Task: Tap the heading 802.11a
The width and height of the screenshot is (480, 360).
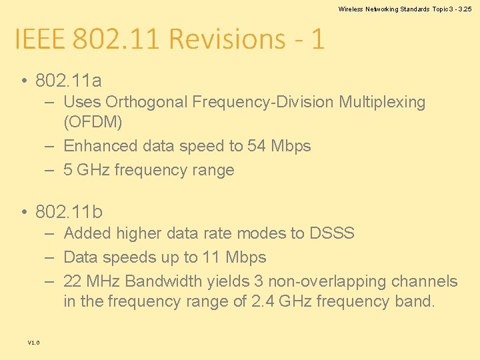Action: point(69,81)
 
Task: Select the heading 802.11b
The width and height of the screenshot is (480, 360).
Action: point(69,212)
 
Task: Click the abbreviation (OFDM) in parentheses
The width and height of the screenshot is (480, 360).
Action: point(93,123)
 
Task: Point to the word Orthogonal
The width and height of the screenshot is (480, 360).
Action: point(147,102)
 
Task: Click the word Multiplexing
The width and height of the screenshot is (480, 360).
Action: point(382,102)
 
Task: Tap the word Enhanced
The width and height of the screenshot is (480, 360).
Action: point(97,146)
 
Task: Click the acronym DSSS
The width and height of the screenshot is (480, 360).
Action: point(332,233)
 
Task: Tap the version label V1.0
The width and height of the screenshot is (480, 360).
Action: point(33,342)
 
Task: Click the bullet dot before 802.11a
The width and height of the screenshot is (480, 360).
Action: point(23,82)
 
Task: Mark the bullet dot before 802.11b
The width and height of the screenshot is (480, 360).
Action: point(23,213)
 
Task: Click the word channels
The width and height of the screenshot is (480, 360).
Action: point(425,281)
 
